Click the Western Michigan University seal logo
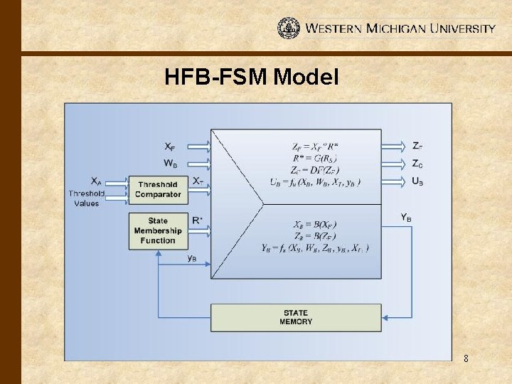tap(288, 28)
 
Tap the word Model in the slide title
tap(305, 77)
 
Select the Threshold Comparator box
tap(158, 190)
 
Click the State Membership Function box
tap(158, 231)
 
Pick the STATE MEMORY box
tap(296, 317)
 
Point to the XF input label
tap(171, 146)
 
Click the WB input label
tap(171, 164)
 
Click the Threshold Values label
tap(87, 198)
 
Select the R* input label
tap(197, 220)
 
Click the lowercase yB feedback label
tap(193, 258)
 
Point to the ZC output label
tap(418, 164)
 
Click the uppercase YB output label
tap(406, 217)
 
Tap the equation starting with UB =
tap(315, 182)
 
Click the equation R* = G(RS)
tap(315, 158)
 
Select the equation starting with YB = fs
tap(315, 247)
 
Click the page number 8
tap(466, 359)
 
